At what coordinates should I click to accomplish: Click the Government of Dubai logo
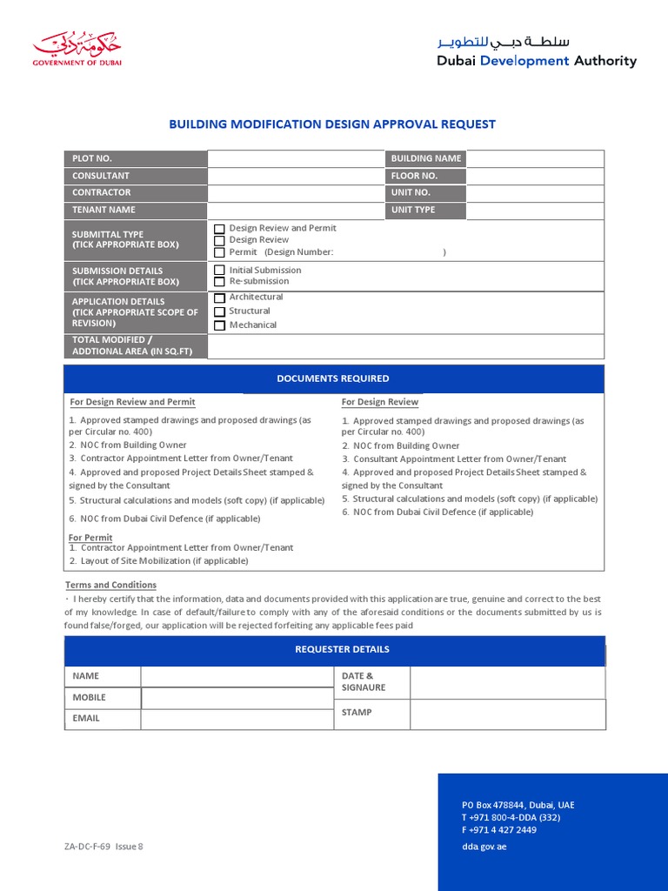tap(77, 50)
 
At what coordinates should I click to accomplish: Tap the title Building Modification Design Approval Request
tap(332, 124)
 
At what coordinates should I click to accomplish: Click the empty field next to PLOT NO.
tap(295, 158)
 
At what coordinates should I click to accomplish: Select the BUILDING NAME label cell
tap(425, 158)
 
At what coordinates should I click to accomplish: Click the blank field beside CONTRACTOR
tap(295, 192)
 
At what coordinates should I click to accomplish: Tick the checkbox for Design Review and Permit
tap(220, 229)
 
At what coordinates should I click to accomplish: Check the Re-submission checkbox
tap(220, 282)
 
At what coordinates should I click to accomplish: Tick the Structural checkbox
tap(220, 312)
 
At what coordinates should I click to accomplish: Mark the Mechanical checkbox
tap(220, 325)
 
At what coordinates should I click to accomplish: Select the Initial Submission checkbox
tap(220, 271)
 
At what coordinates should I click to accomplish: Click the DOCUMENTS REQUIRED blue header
tap(333, 379)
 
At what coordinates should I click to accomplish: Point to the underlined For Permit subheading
tap(90, 538)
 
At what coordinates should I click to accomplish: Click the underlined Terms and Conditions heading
tap(110, 585)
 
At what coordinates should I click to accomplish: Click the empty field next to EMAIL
tap(237, 719)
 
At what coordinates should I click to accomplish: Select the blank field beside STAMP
tap(507, 714)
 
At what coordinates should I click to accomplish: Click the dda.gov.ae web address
tap(484, 847)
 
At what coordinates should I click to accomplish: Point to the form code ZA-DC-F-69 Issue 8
tap(103, 847)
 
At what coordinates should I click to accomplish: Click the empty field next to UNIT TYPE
tap(535, 210)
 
